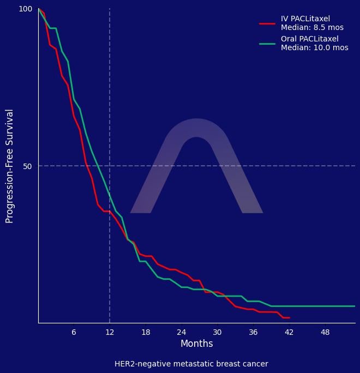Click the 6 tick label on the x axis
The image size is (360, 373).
pos(74,332)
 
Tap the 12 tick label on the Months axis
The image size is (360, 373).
pos(110,332)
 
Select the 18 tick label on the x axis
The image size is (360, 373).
pos(146,332)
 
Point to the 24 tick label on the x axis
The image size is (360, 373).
pos(181,332)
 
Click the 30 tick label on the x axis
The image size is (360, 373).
pos(217,332)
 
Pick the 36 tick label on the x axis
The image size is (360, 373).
pos(253,332)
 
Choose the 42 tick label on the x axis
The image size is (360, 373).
pos(289,332)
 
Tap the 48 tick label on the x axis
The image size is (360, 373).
pos(325,332)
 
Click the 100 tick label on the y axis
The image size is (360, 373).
pos(26,9)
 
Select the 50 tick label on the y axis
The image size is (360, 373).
pos(28,166)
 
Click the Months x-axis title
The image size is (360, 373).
pos(196,344)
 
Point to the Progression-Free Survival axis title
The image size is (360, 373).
pos(9,166)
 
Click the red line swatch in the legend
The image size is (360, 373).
pos(267,23)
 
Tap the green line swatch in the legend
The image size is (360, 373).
pos(267,44)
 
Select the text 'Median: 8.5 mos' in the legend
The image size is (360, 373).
pos(312,28)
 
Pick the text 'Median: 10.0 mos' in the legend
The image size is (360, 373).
pos(314,48)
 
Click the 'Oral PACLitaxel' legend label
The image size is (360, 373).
pos(309,39)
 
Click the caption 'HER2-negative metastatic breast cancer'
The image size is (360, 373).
pos(191,364)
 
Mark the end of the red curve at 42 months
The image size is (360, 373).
pos(289,317)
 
